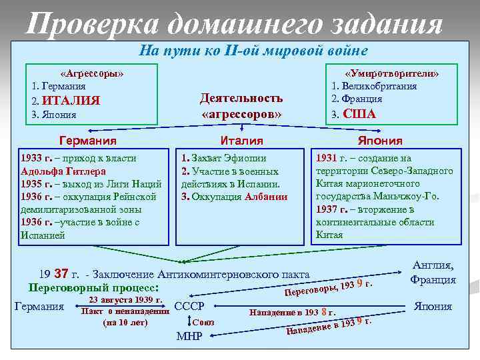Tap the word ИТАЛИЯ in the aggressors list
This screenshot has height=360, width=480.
pyautogui.click(x=71, y=101)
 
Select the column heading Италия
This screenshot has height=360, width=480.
pyautogui.click(x=241, y=141)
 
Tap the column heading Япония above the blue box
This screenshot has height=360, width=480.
pyautogui.click(x=381, y=141)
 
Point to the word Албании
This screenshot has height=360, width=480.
pyautogui.click(x=266, y=197)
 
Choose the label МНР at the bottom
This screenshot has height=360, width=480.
pyautogui.click(x=189, y=335)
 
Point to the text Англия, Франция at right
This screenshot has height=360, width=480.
pyautogui.click(x=433, y=273)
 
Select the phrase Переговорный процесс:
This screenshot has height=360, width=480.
pyautogui.click(x=93, y=288)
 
